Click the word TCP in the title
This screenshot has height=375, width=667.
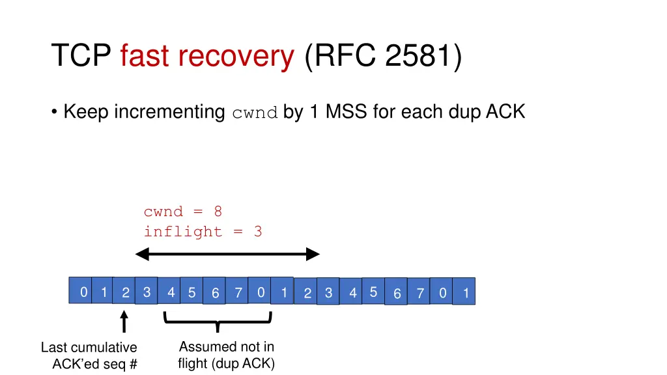(x=82, y=56)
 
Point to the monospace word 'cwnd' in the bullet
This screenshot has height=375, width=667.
(x=255, y=113)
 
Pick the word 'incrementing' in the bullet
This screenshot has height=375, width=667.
(x=169, y=113)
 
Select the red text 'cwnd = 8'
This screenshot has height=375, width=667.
(x=183, y=212)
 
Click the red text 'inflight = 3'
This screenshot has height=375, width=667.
(x=203, y=232)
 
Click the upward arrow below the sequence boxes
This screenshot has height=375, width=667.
(x=124, y=322)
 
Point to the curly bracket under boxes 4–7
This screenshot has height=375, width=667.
(x=217, y=321)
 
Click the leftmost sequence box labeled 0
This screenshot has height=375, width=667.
(x=82, y=292)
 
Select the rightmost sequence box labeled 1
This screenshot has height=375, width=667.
(x=464, y=294)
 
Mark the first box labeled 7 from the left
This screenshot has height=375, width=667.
(x=237, y=294)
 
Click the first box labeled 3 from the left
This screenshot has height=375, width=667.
(x=147, y=292)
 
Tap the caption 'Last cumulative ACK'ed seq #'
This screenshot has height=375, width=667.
(x=89, y=355)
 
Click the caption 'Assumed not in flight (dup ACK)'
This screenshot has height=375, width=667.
(x=226, y=355)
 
